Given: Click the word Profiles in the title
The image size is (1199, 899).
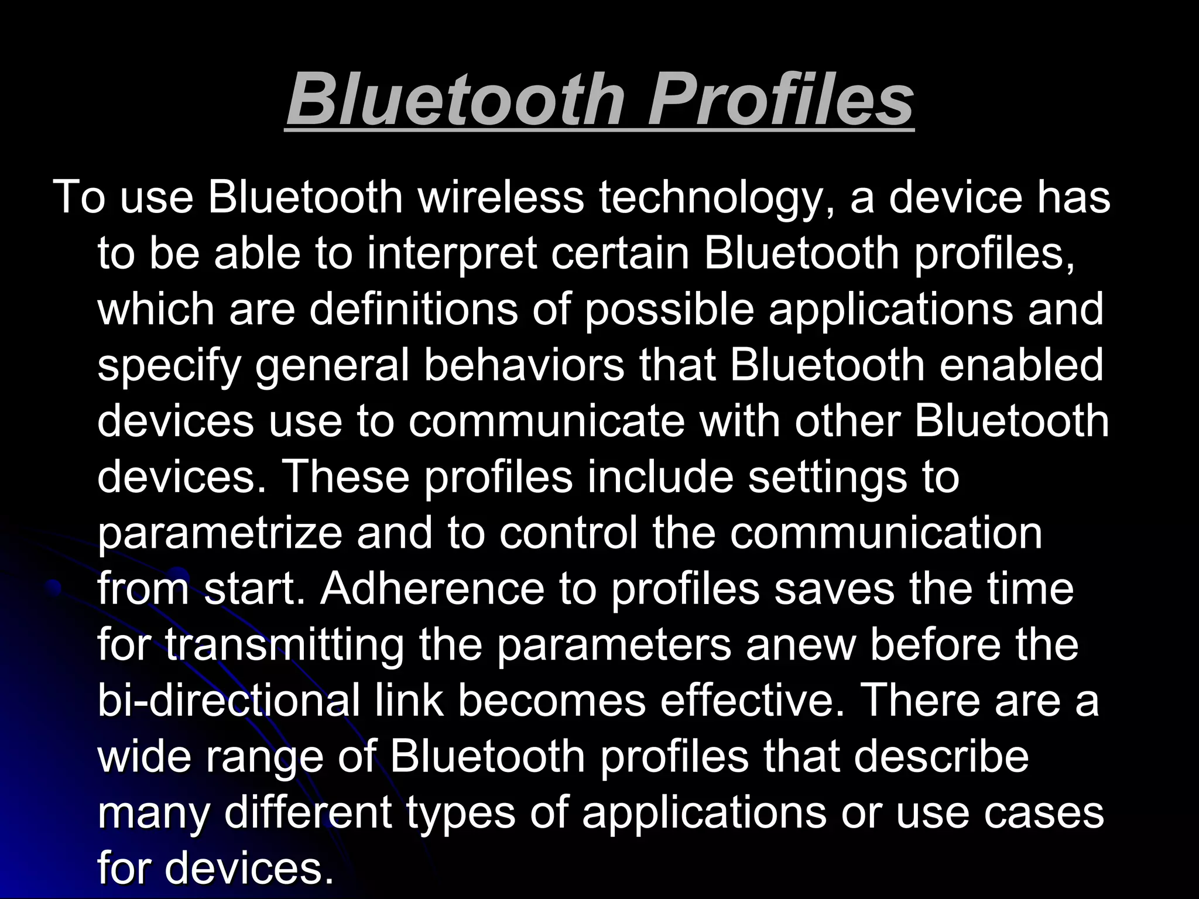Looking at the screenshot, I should coord(780,99).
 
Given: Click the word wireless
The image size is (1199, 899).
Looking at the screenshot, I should coord(501,197).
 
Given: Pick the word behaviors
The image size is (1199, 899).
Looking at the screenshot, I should coord(524,365).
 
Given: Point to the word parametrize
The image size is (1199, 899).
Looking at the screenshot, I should coord(220,535).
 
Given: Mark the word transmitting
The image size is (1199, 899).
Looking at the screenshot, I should coord(284,645).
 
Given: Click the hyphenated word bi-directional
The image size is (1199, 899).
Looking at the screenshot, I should coord(228,701).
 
